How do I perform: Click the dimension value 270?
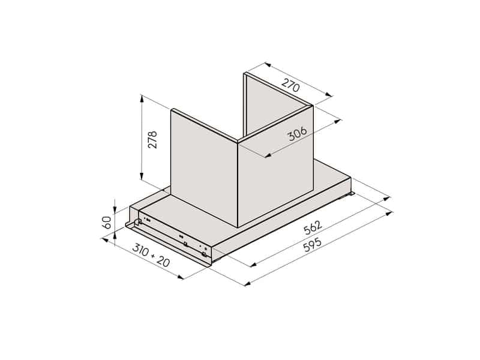pyautogui.click(x=290, y=86)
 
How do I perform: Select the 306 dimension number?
pyautogui.click(x=297, y=134)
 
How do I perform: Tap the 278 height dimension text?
pyautogui.click(x=152, y=140)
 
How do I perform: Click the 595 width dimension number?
pyautogui.click(x=313, y=243)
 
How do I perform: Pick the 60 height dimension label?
pyautogui.click(x=107, y=223)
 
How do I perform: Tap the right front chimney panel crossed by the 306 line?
pyautogui.click(x=276, y=180)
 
